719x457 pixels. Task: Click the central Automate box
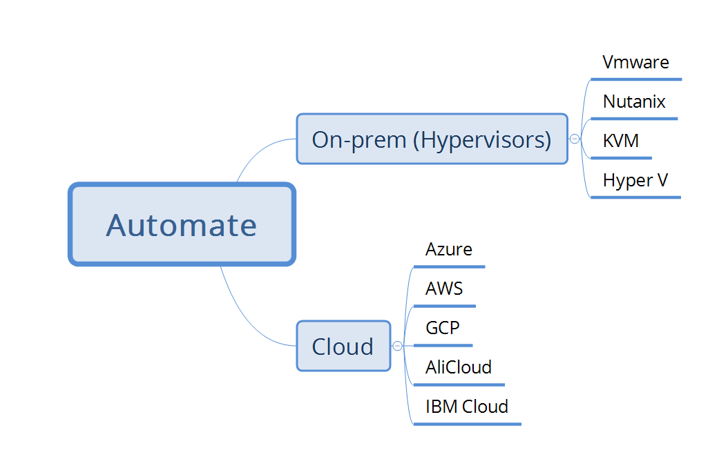pyautogui.click(x=182, y=224)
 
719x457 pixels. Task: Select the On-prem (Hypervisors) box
pyautogui.click(x=432, y=139)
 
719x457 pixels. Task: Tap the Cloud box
pyautogui.click(x=343, y=346)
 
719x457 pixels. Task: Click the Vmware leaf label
pyautogui.click(x=635, y=62)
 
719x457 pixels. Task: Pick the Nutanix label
pyautogui.click(x=634, y=101)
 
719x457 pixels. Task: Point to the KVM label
pyautogui.click(x=620, y=141)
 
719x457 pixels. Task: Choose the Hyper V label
pyautogui.click(x=635, y=180)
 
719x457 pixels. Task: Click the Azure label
pyautogui.click(x=449, y=249)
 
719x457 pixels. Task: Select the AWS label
pyautogui.click(x=444, y=289)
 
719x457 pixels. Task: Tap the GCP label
pyautogui.click(x=442, y=327)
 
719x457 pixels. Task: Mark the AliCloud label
pyautogui.click(x=459, y=367)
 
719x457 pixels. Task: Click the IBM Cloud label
pyautogui.click(x=466, y=406)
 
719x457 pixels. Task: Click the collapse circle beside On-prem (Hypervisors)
pyautogui.click(x=575, y=139)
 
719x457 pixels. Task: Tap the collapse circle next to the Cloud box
pyautogui.click(x=397, y=346)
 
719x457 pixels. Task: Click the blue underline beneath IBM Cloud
pyautogui.click(x=467, y=423)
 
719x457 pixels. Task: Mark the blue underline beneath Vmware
pyautogui.click(x=636, y=79)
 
